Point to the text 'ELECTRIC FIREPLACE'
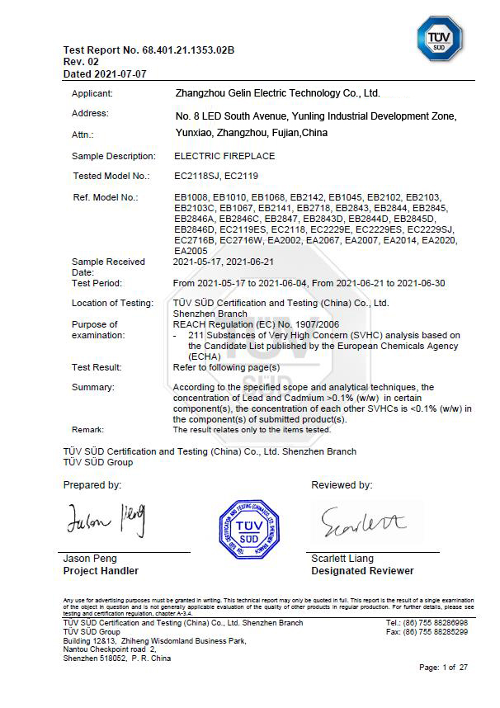(224, 156)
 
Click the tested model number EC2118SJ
(196, 176)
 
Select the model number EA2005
(188, 250)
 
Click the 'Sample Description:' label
(113, 156)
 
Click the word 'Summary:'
(92, 387)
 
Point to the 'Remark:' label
(88, 430)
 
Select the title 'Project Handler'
(101, 571)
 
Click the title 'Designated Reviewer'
(362, 571)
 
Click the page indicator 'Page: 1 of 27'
(443, 667)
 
